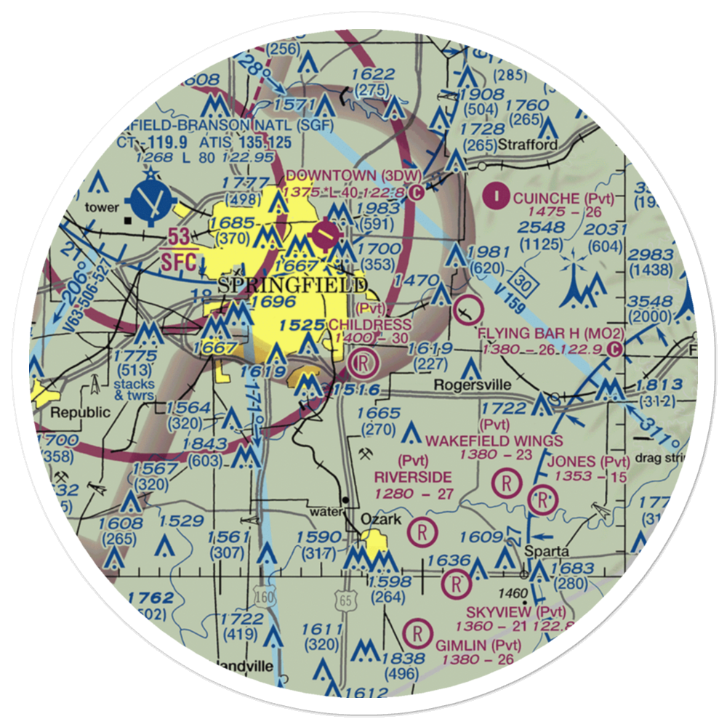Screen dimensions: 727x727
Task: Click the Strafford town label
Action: click(529, 145)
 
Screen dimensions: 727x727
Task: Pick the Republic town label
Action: click(80, 412)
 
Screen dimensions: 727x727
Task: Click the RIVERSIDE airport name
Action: click(412, 477)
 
